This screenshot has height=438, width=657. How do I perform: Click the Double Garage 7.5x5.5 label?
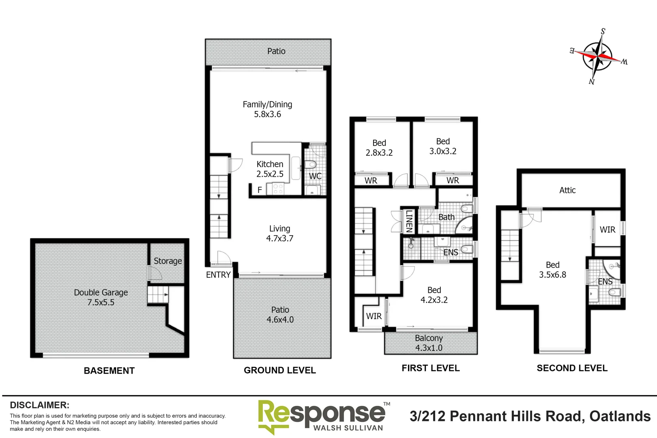pos(101,297)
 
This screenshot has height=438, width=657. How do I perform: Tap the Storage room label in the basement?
pos(167,261)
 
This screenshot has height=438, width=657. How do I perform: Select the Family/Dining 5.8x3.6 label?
pos(267,109)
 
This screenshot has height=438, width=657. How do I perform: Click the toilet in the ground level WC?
pos(311,165)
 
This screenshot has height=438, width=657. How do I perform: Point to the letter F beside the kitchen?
pos(260,190)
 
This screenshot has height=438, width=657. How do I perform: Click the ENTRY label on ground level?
pos(218,275)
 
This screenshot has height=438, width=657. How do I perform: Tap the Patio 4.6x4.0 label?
pos(280,314)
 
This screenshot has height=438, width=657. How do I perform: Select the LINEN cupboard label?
pos(409,221)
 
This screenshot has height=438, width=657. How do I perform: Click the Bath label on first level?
pos(446,217)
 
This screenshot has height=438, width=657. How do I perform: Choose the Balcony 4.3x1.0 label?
pos(429,343)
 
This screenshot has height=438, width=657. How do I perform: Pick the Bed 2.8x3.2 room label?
pos(379,148)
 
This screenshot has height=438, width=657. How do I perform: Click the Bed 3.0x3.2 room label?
pos(443,146)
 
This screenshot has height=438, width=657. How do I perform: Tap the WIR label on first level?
pos(374,316)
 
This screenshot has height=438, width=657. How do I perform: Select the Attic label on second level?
pos(567,190)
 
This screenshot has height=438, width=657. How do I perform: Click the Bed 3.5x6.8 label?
pos(552,269)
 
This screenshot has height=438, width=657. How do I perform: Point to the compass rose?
pos(598,56)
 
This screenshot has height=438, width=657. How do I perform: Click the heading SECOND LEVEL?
pos(572,368)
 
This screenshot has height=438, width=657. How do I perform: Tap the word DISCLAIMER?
pos(39,405)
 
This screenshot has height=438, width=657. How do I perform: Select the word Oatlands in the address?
pos(620,416)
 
